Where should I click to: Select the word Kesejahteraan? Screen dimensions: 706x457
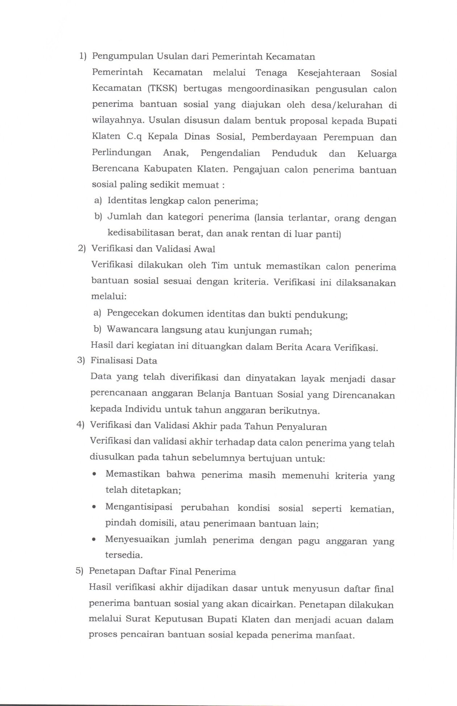(329, 73)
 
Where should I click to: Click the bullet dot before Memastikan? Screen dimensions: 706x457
(95, 475)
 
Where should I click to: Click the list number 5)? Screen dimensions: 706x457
(79, 571)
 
